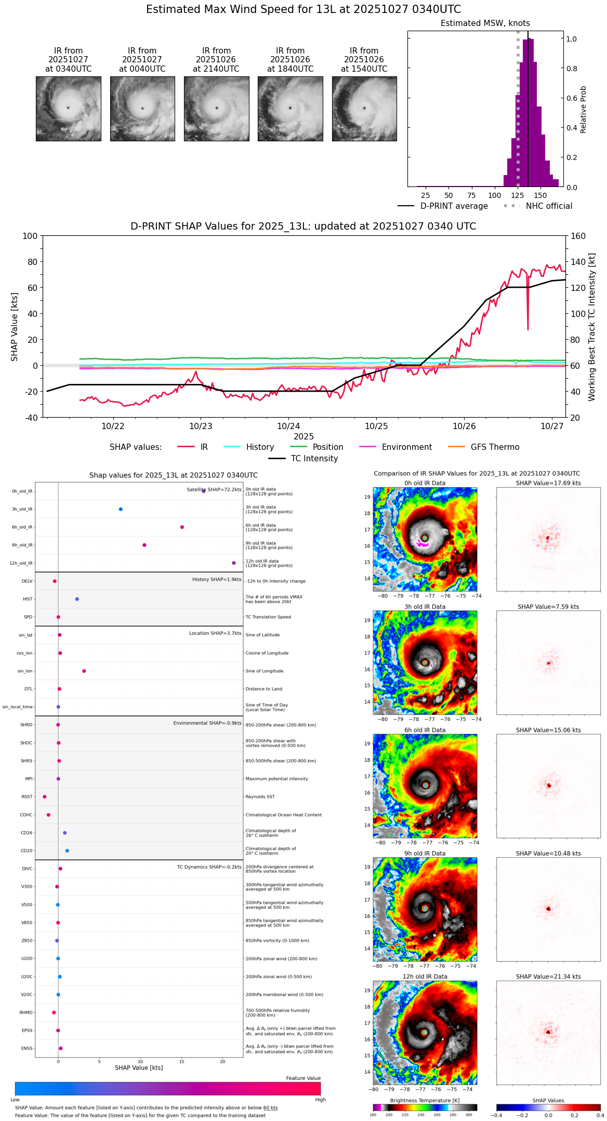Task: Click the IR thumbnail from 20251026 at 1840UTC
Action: tap(290, 109)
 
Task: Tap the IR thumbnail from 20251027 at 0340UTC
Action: tap(68, 109)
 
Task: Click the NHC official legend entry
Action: tap(549, 206)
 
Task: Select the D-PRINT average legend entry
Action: tap(454, 206)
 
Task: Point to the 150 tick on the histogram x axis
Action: tap(540, 195)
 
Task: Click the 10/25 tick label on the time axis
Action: tap(376, 426)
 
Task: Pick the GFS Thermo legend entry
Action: tap(495, 447)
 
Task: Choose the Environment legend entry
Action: tap(406, 447)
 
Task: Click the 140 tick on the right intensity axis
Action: tap(578, 262)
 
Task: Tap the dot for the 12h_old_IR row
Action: tap(234, 563)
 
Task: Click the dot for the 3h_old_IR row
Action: tap(121, 509)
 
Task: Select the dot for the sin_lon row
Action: tap(84, 671)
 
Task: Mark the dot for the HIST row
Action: tap(77, 599)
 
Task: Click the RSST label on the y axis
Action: tap(27, 797)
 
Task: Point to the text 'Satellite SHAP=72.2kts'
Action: tap(214, 490)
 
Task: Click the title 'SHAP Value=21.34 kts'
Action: tap(548, 977)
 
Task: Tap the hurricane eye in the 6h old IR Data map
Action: tap(426, 785)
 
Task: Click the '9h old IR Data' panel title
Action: tap(425, 853)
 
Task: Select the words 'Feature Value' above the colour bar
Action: tap(303, 1078)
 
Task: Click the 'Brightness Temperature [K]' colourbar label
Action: tap(425, 1101)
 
